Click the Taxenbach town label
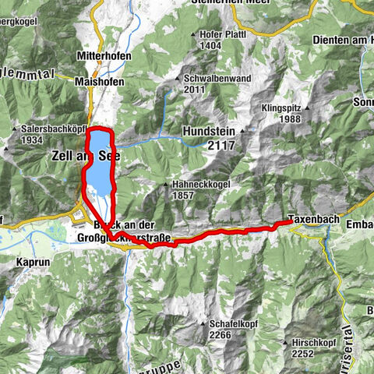(313, 219)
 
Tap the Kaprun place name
(31, 263)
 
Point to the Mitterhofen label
(103, 57)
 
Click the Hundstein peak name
(209, 132)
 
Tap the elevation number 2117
(221, 145)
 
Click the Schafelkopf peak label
(233, 323)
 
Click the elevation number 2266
(221, 334)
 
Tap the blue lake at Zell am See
(101, 168)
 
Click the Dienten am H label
(340, 40)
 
